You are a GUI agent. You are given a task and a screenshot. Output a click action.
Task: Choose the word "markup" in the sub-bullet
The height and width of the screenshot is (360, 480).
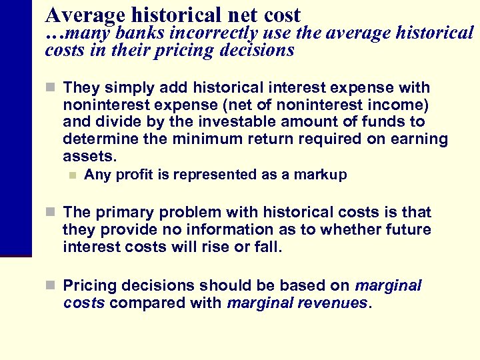(323, 175)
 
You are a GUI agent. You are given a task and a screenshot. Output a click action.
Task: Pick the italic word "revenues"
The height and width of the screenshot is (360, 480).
(337, 303)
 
